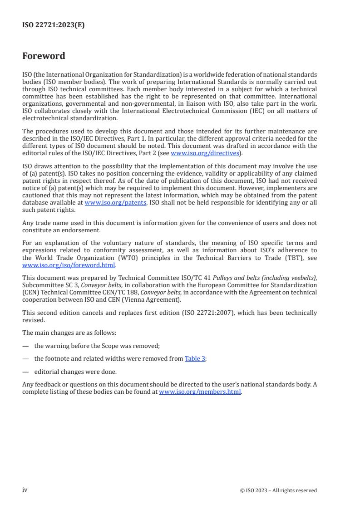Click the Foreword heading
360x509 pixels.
coord(44,56)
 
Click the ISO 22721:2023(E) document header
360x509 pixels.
coord(53,25)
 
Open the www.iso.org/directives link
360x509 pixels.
coord(205,153)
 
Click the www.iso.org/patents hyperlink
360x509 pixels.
coord(115,203)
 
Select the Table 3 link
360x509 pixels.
coord(195,358)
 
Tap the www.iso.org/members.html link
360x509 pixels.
coord(200,392)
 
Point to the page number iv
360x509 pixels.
coord(25,490)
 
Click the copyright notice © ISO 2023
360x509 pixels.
coord(278,490)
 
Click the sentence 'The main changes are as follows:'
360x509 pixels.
coord(69,333)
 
